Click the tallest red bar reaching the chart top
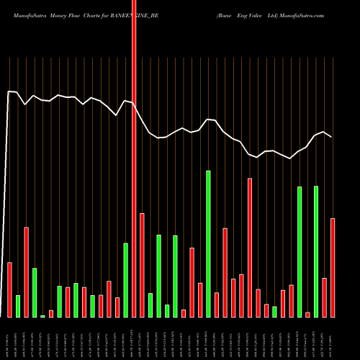[x=134, y=158]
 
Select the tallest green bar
[x=208, y=243]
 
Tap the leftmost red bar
[x=10, y=289]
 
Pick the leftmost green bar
[x=18, y=306]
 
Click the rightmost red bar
[x=333, y=267]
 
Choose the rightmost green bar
[x=316, y=251]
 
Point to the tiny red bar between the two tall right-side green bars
[x=307, y=314]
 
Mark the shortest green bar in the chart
[x=42, y=316]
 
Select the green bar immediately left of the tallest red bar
[x=125, y=280]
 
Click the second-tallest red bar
[x=250, y=248]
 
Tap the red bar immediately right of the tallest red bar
[x=142, y=265]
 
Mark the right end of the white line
[x=332, y=136]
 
